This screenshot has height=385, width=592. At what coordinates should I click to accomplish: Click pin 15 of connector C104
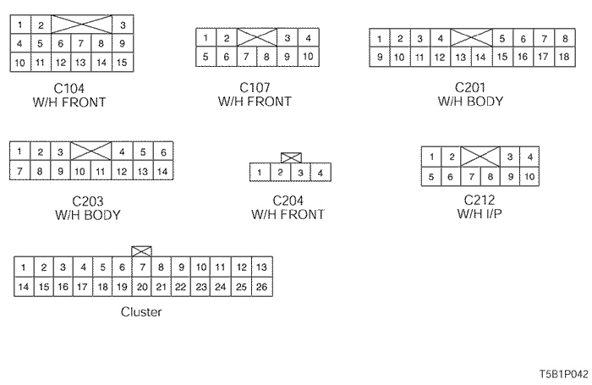[x=122, y=62]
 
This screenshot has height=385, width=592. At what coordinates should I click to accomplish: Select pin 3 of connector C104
[x=122, y=25]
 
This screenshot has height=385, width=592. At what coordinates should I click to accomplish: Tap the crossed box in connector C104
[x=81, y=25]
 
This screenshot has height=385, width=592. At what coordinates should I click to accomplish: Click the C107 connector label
[x=255, y=88]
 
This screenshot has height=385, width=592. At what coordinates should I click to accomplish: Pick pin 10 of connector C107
[x=308, y=57]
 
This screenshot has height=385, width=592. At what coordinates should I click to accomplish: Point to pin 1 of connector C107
[x=206, y=38]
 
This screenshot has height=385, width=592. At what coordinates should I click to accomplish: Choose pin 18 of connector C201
[x=563, y=57]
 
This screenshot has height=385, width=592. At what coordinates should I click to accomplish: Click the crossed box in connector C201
[x=471, y=38]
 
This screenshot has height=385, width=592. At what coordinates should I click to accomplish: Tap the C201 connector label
[x=471, y=88]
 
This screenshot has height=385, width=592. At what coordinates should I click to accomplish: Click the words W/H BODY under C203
[x=88, y=215]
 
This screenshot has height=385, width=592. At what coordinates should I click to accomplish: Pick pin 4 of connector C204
[x=320, y=173]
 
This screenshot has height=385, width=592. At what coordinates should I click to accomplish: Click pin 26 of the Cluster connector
[x=261, y=286]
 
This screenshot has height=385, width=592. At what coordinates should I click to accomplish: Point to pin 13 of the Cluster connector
[x=261, y=267]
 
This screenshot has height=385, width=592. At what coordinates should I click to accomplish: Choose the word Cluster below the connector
[x=141, y=311]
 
